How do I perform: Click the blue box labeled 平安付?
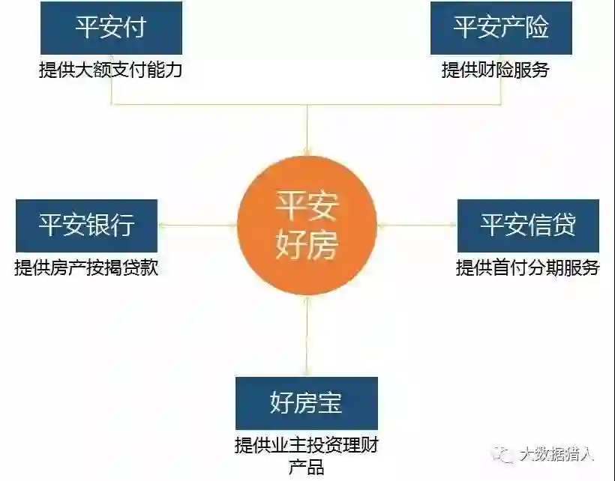tap(110, 28)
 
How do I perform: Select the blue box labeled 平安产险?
tap(501, 28)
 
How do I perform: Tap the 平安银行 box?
tap(86, 226)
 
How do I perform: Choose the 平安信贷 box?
tap(528, 226)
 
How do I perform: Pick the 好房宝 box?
tap(306, 404)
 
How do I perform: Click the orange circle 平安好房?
tap(307, 226)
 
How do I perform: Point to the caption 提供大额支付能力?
tap(110, 70)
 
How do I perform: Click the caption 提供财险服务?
tap(496, 70)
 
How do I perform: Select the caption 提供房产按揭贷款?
tap(86, 267)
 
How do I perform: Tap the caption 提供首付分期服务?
tap(528, 267)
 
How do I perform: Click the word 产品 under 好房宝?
tap(306, 468)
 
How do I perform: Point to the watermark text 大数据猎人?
tap(556, 454)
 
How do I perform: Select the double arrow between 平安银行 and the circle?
tap(197, 225)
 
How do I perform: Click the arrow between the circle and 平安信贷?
tap(417, 225)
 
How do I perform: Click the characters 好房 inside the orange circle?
tap(307, 244)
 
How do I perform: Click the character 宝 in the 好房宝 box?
tap(330, 404)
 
